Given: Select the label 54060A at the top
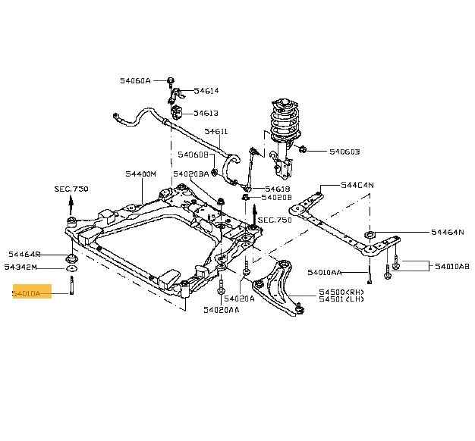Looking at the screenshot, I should [135, 80].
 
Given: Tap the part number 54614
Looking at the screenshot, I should [206, 91].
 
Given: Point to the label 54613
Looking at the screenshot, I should [206, 113].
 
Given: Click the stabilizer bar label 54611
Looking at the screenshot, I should [215, 132].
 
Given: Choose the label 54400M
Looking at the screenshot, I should [141, 174].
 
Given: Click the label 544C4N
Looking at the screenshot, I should [357, 185].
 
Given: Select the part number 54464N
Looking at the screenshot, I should [447, 232].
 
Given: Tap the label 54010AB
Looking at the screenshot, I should [452, 266].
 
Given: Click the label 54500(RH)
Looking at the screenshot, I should [341, 292].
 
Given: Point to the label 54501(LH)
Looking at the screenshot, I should [341, 300].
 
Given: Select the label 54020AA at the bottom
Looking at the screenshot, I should [222, 309].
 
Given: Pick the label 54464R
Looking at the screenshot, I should [25, 255].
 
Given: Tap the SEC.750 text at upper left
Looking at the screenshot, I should [72, 188].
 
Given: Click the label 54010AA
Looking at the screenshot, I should [325, 272].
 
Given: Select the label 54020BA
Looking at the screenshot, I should [190, 174].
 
